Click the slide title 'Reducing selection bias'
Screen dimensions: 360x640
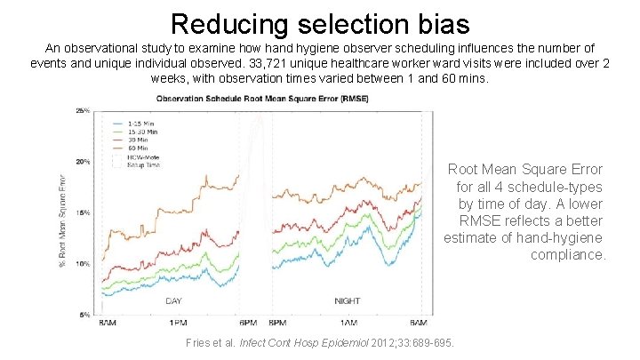click(319, 22)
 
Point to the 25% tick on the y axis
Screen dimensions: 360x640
click(83, 110)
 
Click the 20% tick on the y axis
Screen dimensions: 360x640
click(83, 162)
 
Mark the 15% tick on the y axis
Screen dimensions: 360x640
click(83, 213)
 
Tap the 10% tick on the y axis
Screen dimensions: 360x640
click(83, 264)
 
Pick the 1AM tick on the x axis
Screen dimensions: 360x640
click(348, 322)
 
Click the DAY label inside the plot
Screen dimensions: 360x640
click(174, 300)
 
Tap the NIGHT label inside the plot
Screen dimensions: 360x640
click(348, 300)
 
